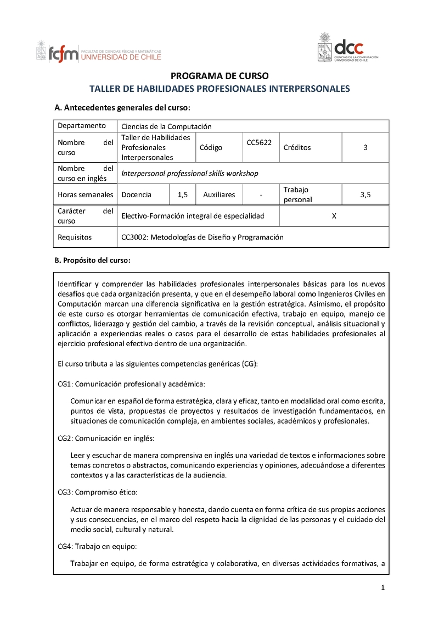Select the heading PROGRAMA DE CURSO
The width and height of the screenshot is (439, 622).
(219, 76)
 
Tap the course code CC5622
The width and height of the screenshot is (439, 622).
(260, 142)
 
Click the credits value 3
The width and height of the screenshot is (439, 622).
(365, 147)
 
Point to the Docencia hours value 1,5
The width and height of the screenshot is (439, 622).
(183, 195)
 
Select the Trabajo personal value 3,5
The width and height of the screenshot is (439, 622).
(365, 195)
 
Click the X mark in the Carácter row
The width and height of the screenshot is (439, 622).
(334, 216)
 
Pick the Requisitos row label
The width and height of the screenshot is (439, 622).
(75, 237)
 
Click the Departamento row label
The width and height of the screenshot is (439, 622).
(82, 126)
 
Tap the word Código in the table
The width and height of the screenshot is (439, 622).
(211, 147)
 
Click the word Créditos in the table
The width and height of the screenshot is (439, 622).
(297, 147)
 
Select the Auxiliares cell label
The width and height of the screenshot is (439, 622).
(219, 195)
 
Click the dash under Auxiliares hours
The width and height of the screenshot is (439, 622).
(261, 195)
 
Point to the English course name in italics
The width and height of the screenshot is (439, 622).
(189, 173)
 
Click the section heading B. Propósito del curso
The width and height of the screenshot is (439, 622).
(92, 260)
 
